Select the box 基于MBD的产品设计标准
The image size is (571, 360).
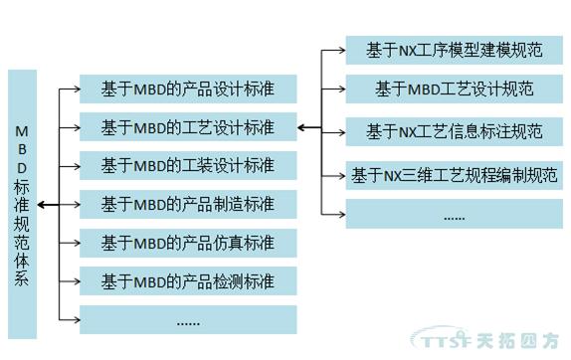(x=188, y=89)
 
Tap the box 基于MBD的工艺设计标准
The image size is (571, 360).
(x=188, y=127)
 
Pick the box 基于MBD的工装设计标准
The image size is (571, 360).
(x=188, y=165)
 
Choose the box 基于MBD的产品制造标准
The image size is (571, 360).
(x=188, y=204)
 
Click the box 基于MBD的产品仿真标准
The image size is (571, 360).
(x=188, y=242)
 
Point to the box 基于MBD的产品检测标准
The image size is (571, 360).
(x=188, y=280)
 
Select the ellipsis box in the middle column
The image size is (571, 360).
(x=188, y=319)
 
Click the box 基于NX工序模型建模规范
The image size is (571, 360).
(x=454, y=50)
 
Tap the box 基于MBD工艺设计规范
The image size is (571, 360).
(x=454, y=89)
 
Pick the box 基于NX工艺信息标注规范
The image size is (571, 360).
(x=454, y=131)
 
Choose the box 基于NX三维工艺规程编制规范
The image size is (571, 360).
(x=454, y=175)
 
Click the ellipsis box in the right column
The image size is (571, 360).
(x=454, y=213)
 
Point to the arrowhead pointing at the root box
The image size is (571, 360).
(x=44, y=204)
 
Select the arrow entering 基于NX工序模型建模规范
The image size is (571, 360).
(x=336, y=50)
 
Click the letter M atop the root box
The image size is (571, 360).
(x=22, y=130)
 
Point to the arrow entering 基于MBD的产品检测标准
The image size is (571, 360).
(x=72, y=280)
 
